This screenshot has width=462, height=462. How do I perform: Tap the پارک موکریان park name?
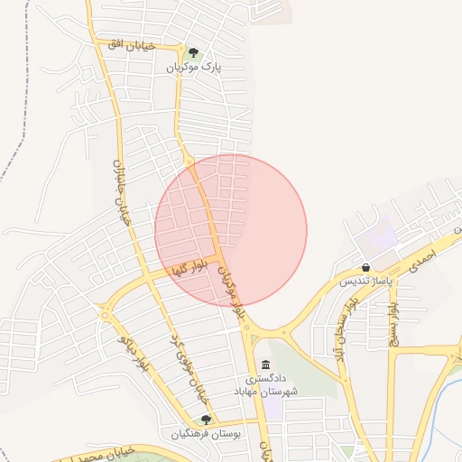193,68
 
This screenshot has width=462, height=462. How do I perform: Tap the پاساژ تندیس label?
365,282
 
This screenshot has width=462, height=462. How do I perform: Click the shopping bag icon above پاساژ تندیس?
365,267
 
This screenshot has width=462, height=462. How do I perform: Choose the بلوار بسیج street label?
392,321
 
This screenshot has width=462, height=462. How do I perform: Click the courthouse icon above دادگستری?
265,365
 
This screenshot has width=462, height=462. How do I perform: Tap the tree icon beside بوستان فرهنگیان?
207,420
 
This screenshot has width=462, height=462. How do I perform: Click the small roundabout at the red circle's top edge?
189,161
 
